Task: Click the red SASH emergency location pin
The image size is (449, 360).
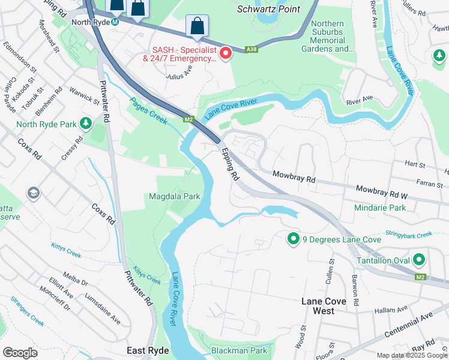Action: [x=226, y=54]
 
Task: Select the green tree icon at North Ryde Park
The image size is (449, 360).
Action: [x=86, y=124]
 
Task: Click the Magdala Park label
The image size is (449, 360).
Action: [x=175, y=196]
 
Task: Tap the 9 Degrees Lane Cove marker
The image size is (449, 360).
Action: [x=294, y=239]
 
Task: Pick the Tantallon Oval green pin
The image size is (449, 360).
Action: [x=418, y=260]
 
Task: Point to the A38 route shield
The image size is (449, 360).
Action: [x=252, y=50]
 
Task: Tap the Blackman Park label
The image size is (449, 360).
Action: [x=239, y=350]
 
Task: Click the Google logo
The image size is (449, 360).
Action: [x=20, y=352]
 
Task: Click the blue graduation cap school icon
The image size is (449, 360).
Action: [x=33, y=193]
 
